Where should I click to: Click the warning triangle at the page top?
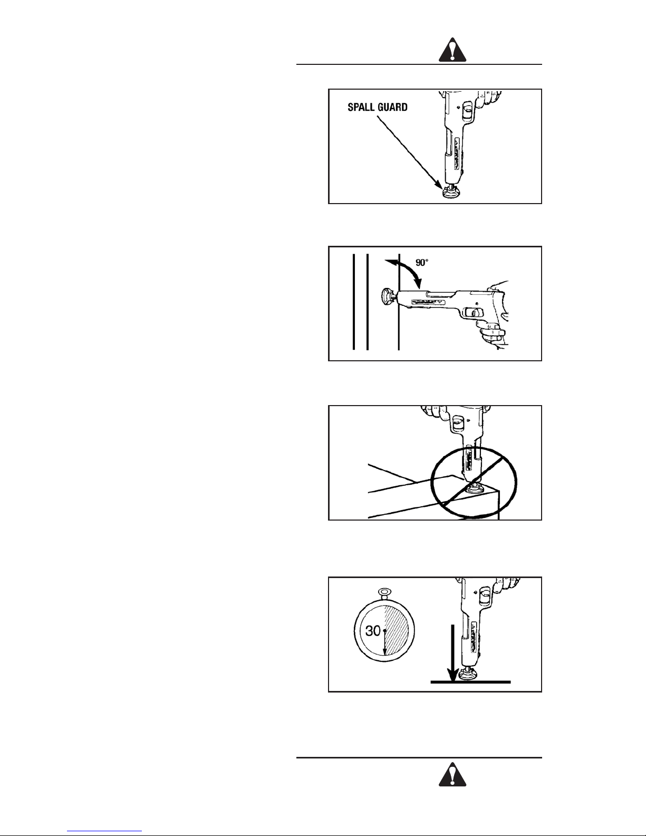tap(452, 51)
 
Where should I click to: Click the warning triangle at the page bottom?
tap(452, 774)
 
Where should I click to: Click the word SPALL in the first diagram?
tap(360, 108)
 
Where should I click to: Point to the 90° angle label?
tap(422, 262)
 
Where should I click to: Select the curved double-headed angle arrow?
tap(404, 272)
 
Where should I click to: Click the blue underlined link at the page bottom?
tap(104, 831)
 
